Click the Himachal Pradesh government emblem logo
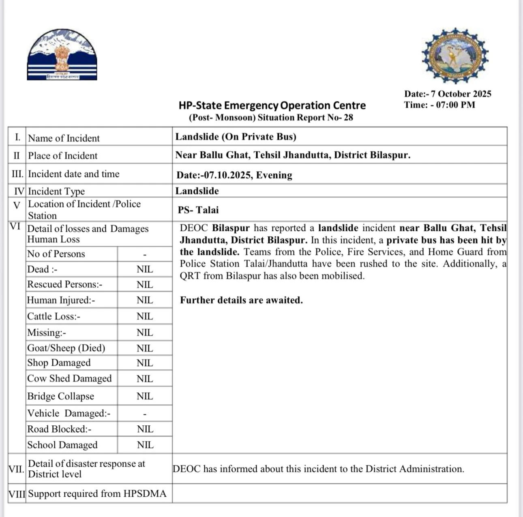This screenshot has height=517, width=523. point(62,54)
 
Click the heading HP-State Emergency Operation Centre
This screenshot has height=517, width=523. point(272,106)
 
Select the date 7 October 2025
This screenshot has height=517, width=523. point(461,94)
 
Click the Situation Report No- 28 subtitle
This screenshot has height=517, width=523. point(271,118)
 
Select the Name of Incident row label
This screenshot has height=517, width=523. point(64,138)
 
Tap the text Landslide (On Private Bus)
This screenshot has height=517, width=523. point(236,137)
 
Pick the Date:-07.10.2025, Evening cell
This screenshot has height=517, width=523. point(234,175)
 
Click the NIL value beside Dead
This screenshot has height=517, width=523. point(145,269)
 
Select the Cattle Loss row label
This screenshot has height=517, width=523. point(54,317)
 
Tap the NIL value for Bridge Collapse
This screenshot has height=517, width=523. point(145,396)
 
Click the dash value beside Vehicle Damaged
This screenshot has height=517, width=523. point(145,414)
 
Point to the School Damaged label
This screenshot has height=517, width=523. point(62,445)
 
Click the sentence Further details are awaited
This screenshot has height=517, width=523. point(241,300)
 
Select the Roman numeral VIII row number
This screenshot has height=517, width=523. point(17,494)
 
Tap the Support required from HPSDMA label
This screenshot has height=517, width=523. point(97,494)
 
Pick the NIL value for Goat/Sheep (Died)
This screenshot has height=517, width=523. point(145,349)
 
